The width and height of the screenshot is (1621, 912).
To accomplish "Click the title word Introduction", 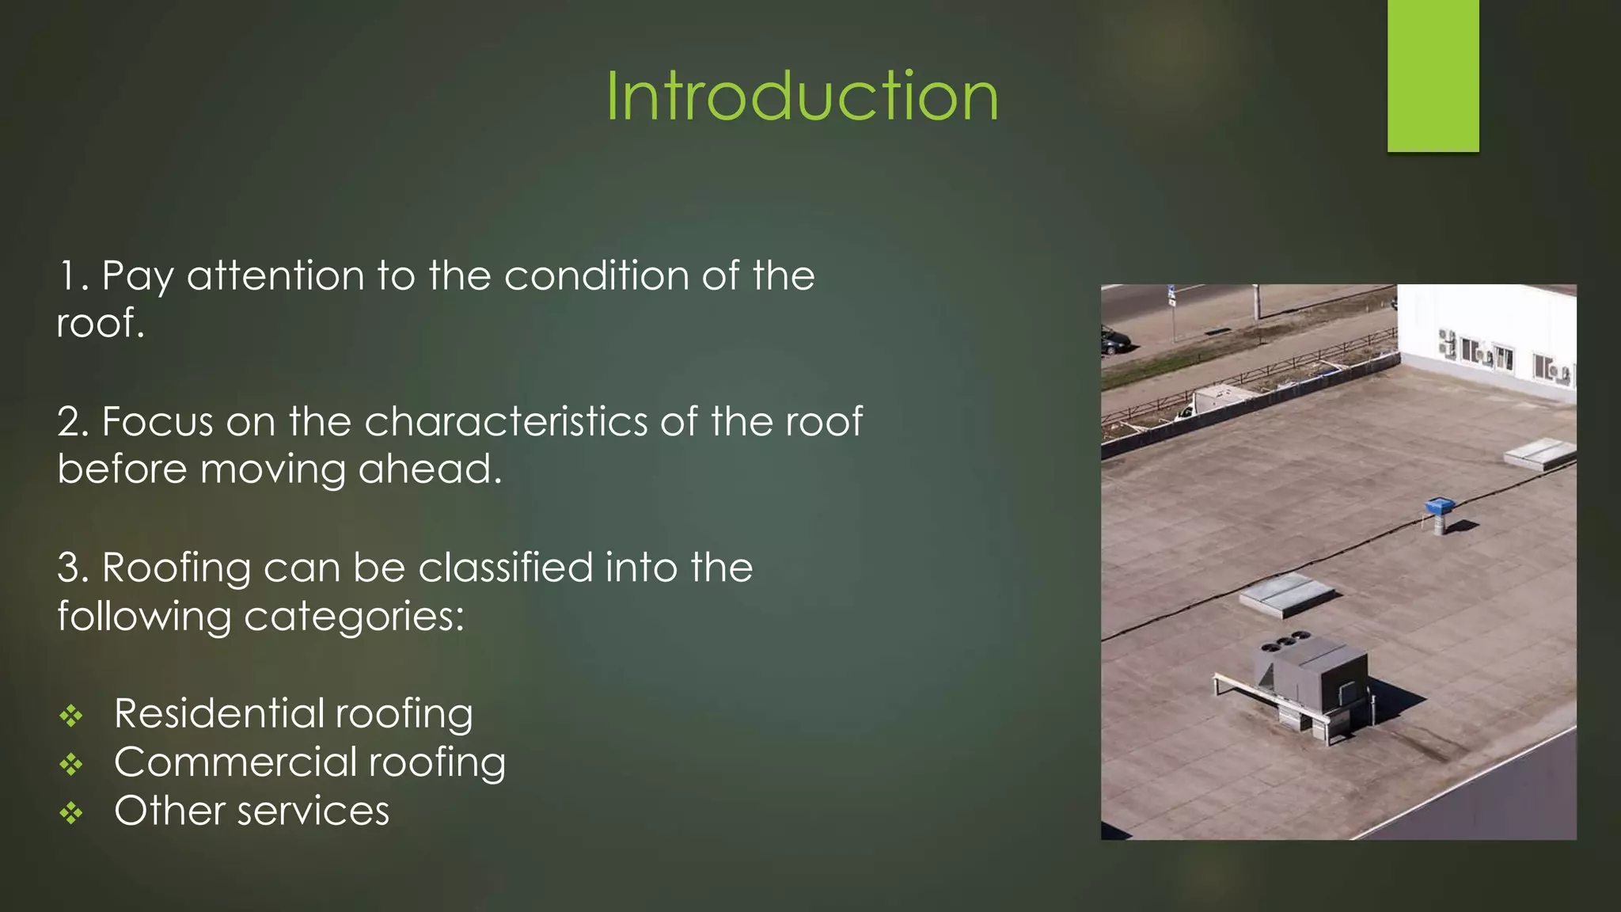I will pos(802,97).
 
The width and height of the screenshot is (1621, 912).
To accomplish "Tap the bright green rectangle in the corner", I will pos(1433,75).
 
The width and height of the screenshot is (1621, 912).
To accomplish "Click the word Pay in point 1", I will pos(138,277).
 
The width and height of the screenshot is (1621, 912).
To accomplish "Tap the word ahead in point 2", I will pos(430,469).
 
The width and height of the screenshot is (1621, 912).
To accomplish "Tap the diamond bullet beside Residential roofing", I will pos(71,716).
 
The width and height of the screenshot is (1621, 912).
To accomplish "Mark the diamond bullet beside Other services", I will pos(71,813).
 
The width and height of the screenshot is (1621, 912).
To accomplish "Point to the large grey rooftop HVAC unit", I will pos(1314,681).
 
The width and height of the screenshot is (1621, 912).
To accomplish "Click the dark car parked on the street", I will pos(1114,341).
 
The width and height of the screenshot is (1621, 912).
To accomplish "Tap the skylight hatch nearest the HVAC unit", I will pos(1287,595).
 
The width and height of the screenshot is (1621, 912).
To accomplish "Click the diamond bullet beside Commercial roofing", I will pos(71,764).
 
